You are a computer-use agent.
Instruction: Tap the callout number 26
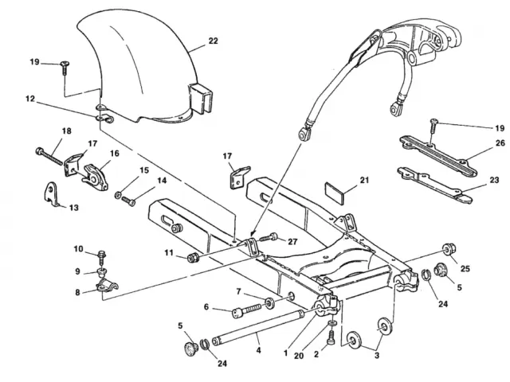477,144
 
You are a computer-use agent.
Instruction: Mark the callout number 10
79,249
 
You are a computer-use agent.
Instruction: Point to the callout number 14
162,181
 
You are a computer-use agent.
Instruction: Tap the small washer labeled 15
118,196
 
